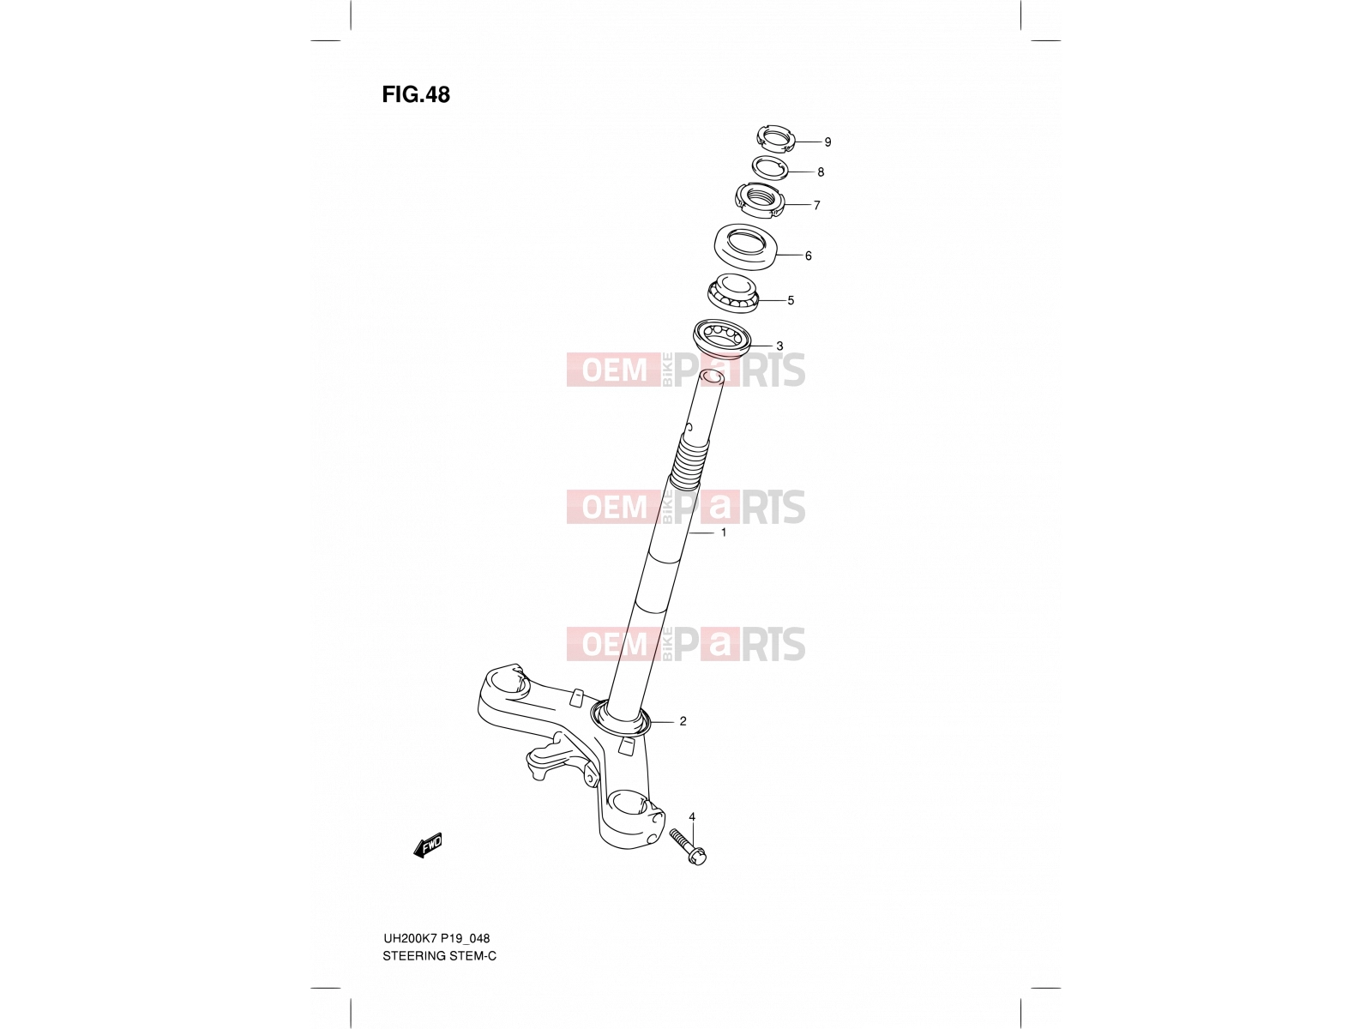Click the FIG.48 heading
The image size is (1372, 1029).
[x=416, y=94]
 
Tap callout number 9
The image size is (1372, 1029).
[x=827, y=142]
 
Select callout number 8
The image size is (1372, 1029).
[x=821, y=172]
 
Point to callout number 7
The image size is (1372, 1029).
[x=816, y=206]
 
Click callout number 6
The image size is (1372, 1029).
[x=809, y=256]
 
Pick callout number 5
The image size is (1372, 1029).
[x=791, y=300]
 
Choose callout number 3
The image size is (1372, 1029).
[x=779, y=346]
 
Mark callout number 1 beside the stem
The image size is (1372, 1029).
[x=724, y=533]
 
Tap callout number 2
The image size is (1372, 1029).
[x=683, y=722]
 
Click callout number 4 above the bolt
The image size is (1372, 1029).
[x=692, y=817]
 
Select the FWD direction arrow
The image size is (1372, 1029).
[x=428, y=845]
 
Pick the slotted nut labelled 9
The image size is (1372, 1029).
[x=775, y=139]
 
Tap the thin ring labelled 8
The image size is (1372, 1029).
[x=769, y=169]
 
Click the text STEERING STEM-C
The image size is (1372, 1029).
[x=439, y=956]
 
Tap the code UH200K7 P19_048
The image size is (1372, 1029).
[x=436, y=938]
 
